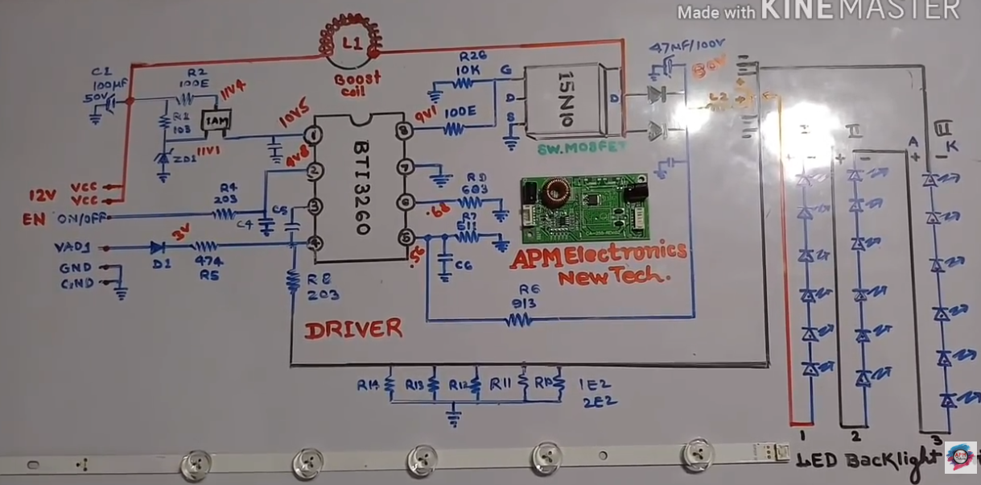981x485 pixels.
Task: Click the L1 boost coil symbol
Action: point(351,44)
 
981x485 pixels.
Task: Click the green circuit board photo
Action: point(584,209)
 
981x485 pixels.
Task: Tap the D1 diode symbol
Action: point(157,247)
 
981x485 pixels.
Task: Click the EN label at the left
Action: point(34,218)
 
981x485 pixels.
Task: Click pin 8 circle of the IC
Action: point(403,131)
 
